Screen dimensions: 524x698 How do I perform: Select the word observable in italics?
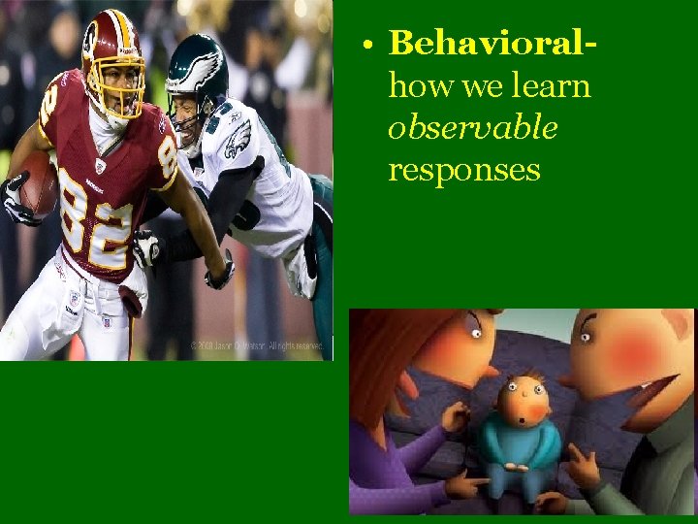(472, 128)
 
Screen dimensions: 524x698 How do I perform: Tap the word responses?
(463, 170)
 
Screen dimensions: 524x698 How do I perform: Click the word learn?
(553, 85)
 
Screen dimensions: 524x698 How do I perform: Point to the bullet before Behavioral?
(369, 45)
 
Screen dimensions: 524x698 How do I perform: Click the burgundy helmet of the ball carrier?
(111, 49)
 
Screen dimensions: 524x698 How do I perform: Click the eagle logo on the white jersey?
(238, 141)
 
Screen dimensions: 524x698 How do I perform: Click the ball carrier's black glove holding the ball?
(16, 199)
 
